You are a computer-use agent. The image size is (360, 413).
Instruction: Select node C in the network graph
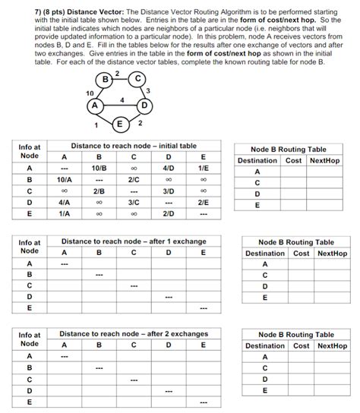pos(135,78)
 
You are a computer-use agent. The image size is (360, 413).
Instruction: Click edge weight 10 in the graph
pos(90,93)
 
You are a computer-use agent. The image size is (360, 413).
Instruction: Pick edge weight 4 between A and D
pos(121,99)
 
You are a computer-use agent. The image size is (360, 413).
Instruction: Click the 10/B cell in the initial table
pos(99,167)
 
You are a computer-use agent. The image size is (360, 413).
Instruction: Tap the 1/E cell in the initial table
pos(202,167)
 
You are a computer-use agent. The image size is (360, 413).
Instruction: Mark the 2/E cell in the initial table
pos(202,203)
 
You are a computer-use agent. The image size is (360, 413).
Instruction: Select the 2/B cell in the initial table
pos(99,191)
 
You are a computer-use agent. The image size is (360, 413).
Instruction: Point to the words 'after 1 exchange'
pos(169,241)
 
